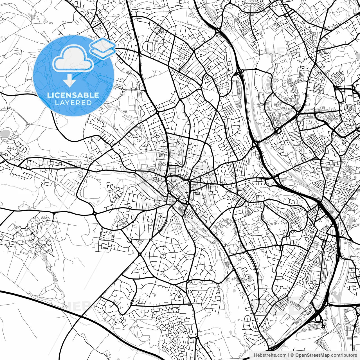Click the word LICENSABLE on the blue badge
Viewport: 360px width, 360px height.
pos(73,95)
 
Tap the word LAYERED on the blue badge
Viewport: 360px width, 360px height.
pos(73,103)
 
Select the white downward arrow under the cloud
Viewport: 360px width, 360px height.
pos(69,81)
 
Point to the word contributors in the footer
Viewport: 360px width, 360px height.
pos(342,355)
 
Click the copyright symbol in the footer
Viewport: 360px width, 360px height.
pos(292,355)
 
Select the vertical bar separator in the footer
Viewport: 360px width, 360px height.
pos(289,355)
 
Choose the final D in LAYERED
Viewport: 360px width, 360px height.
pos(89,103)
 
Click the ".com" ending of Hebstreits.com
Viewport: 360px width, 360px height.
pos(282,355)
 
